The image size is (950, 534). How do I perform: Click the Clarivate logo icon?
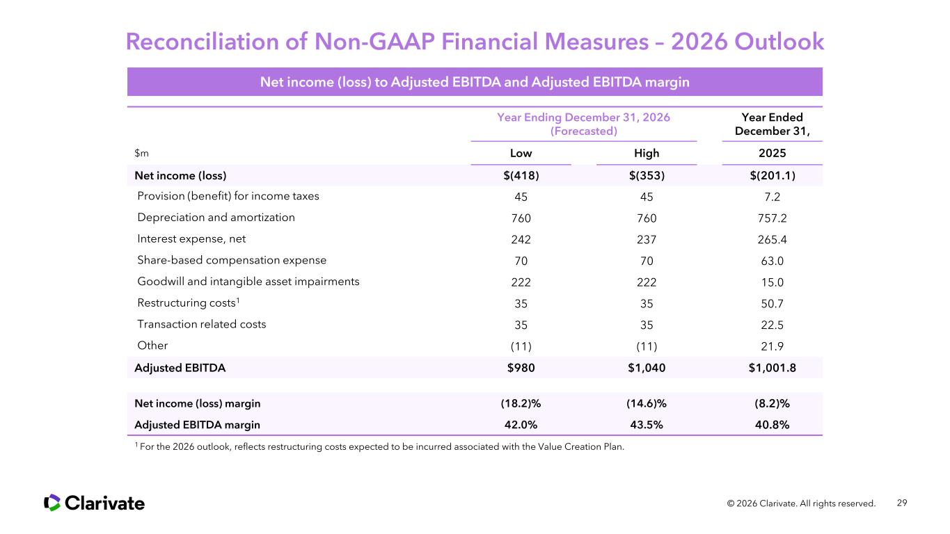(52, 503)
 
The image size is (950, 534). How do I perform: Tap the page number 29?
(902, 503)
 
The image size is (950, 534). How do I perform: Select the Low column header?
(521, 153)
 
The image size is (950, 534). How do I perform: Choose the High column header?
(647, 153)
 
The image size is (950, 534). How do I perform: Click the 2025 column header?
(772, 153)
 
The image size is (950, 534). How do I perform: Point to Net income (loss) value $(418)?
(521, 175)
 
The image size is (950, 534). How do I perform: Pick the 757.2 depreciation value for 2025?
(772, 218)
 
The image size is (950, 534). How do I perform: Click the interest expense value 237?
(647, 239)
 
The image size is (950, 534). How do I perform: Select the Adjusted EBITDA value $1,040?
(647, 368)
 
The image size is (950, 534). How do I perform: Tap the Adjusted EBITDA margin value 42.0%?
(521, 425)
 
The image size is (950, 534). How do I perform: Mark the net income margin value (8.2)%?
(772, 403)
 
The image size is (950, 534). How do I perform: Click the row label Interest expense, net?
(191, 239)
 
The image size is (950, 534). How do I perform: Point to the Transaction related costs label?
(201, 324)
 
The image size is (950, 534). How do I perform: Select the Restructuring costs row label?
(189, 302)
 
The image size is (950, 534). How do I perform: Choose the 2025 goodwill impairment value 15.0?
(772, 282)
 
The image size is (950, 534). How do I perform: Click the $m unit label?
(142, 153)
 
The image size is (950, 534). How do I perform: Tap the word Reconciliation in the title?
(203, 42)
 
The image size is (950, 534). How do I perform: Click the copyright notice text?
(801, 503)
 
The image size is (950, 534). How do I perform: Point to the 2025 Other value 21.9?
(772, 346)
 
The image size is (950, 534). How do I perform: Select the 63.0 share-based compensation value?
(772, 261)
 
